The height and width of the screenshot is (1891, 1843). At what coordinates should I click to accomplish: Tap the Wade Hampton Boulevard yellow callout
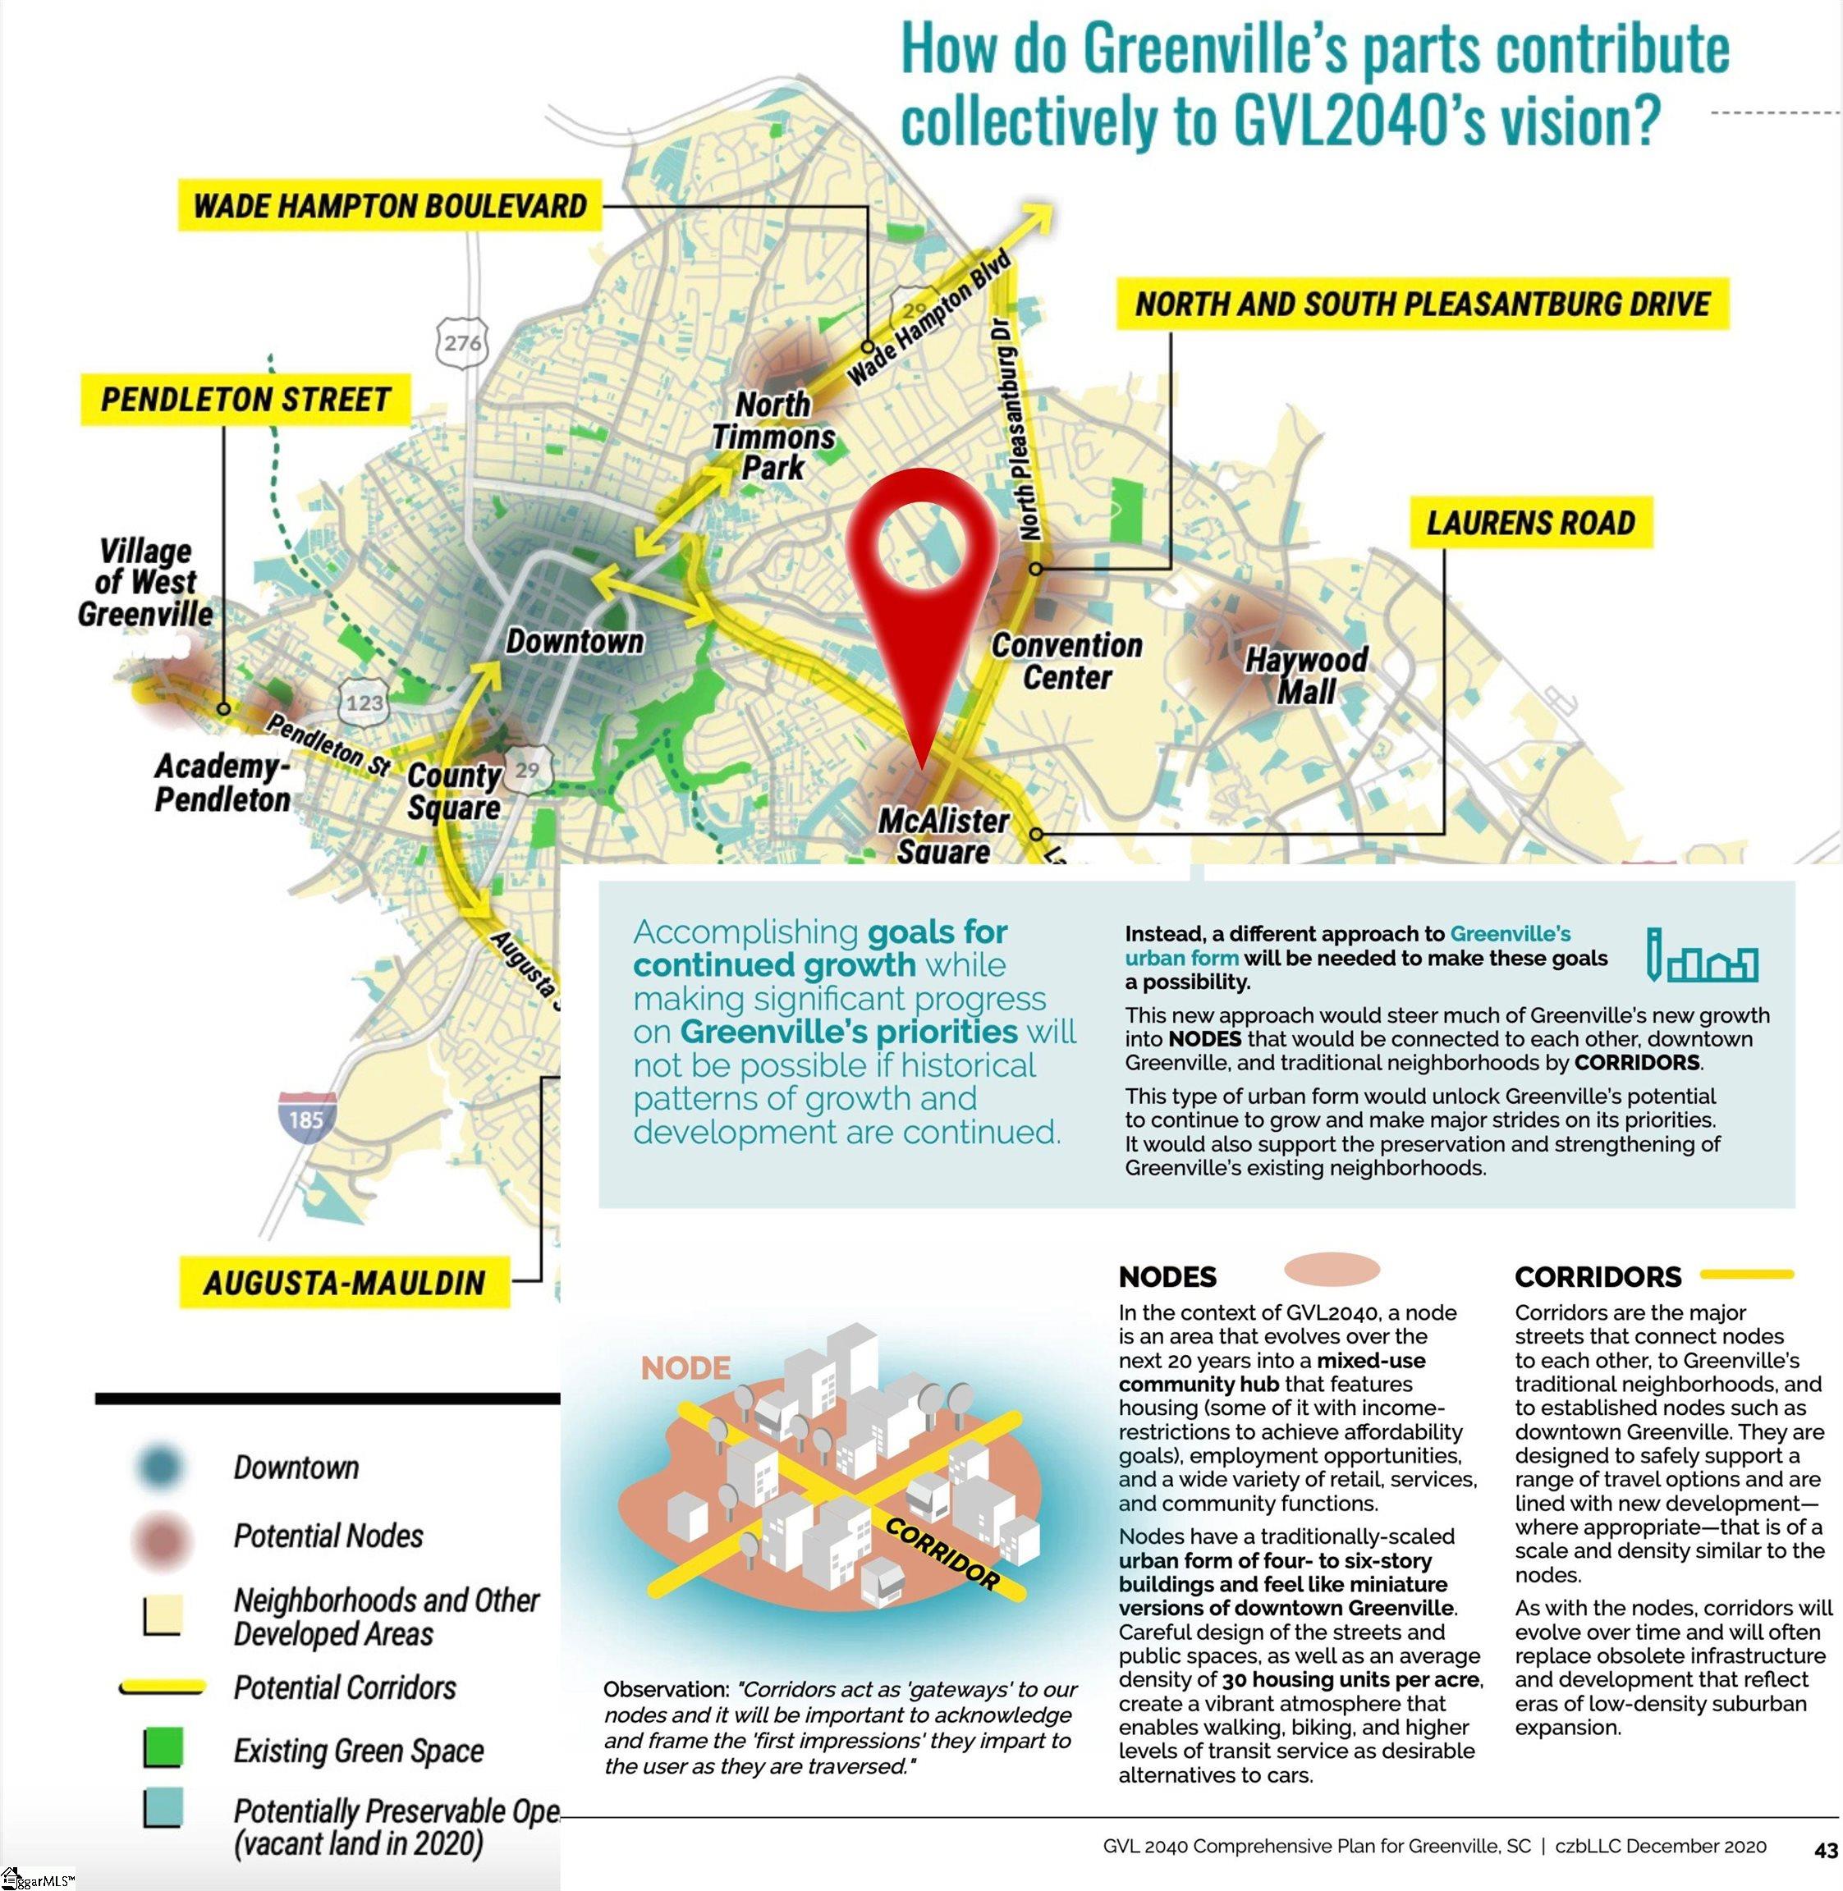[x=389, y=206]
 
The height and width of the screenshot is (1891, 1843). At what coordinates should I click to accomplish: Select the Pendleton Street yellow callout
[x=245, y=400]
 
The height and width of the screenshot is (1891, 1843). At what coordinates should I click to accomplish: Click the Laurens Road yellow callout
[x=1529, y=523]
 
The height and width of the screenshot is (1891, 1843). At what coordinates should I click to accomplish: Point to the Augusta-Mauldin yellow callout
[x=344, y=1284]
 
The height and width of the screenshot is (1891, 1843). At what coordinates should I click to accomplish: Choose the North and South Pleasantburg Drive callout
[x=1422, y=304]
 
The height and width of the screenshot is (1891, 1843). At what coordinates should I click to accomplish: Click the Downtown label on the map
[x=574, y=641]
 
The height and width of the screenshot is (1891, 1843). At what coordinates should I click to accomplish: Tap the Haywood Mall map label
[x=1306, y=675]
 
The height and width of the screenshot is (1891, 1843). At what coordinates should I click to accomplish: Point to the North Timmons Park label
[x=773, y=436]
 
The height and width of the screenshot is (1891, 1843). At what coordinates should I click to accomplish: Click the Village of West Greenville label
[x=145, y=583]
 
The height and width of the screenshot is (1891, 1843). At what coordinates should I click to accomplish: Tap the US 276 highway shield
[x=463, y=342]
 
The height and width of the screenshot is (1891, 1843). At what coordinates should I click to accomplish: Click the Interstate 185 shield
[x=306, y=1119]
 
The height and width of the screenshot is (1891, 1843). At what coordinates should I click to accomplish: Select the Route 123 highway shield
[x=364, y=702]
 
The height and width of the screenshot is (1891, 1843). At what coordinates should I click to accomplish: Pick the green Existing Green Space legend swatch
[x=162, y=1750]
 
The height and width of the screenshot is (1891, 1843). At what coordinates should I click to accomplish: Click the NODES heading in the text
[x=1167, y=1277]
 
